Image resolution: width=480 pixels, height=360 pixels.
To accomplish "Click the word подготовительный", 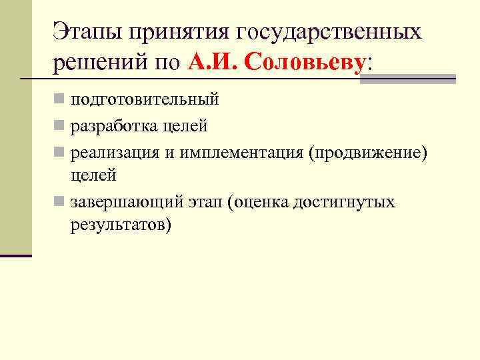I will (145, 101).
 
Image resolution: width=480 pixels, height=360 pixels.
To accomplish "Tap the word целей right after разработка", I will (188, 126).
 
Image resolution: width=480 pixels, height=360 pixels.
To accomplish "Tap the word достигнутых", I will (349, 201).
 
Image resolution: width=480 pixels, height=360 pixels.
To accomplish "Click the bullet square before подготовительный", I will (59, 101).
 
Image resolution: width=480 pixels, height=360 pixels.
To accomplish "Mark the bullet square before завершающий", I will (59, 201).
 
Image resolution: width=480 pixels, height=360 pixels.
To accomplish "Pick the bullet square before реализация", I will (59, 151).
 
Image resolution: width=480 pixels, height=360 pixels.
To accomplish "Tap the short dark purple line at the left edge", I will (16, 255).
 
